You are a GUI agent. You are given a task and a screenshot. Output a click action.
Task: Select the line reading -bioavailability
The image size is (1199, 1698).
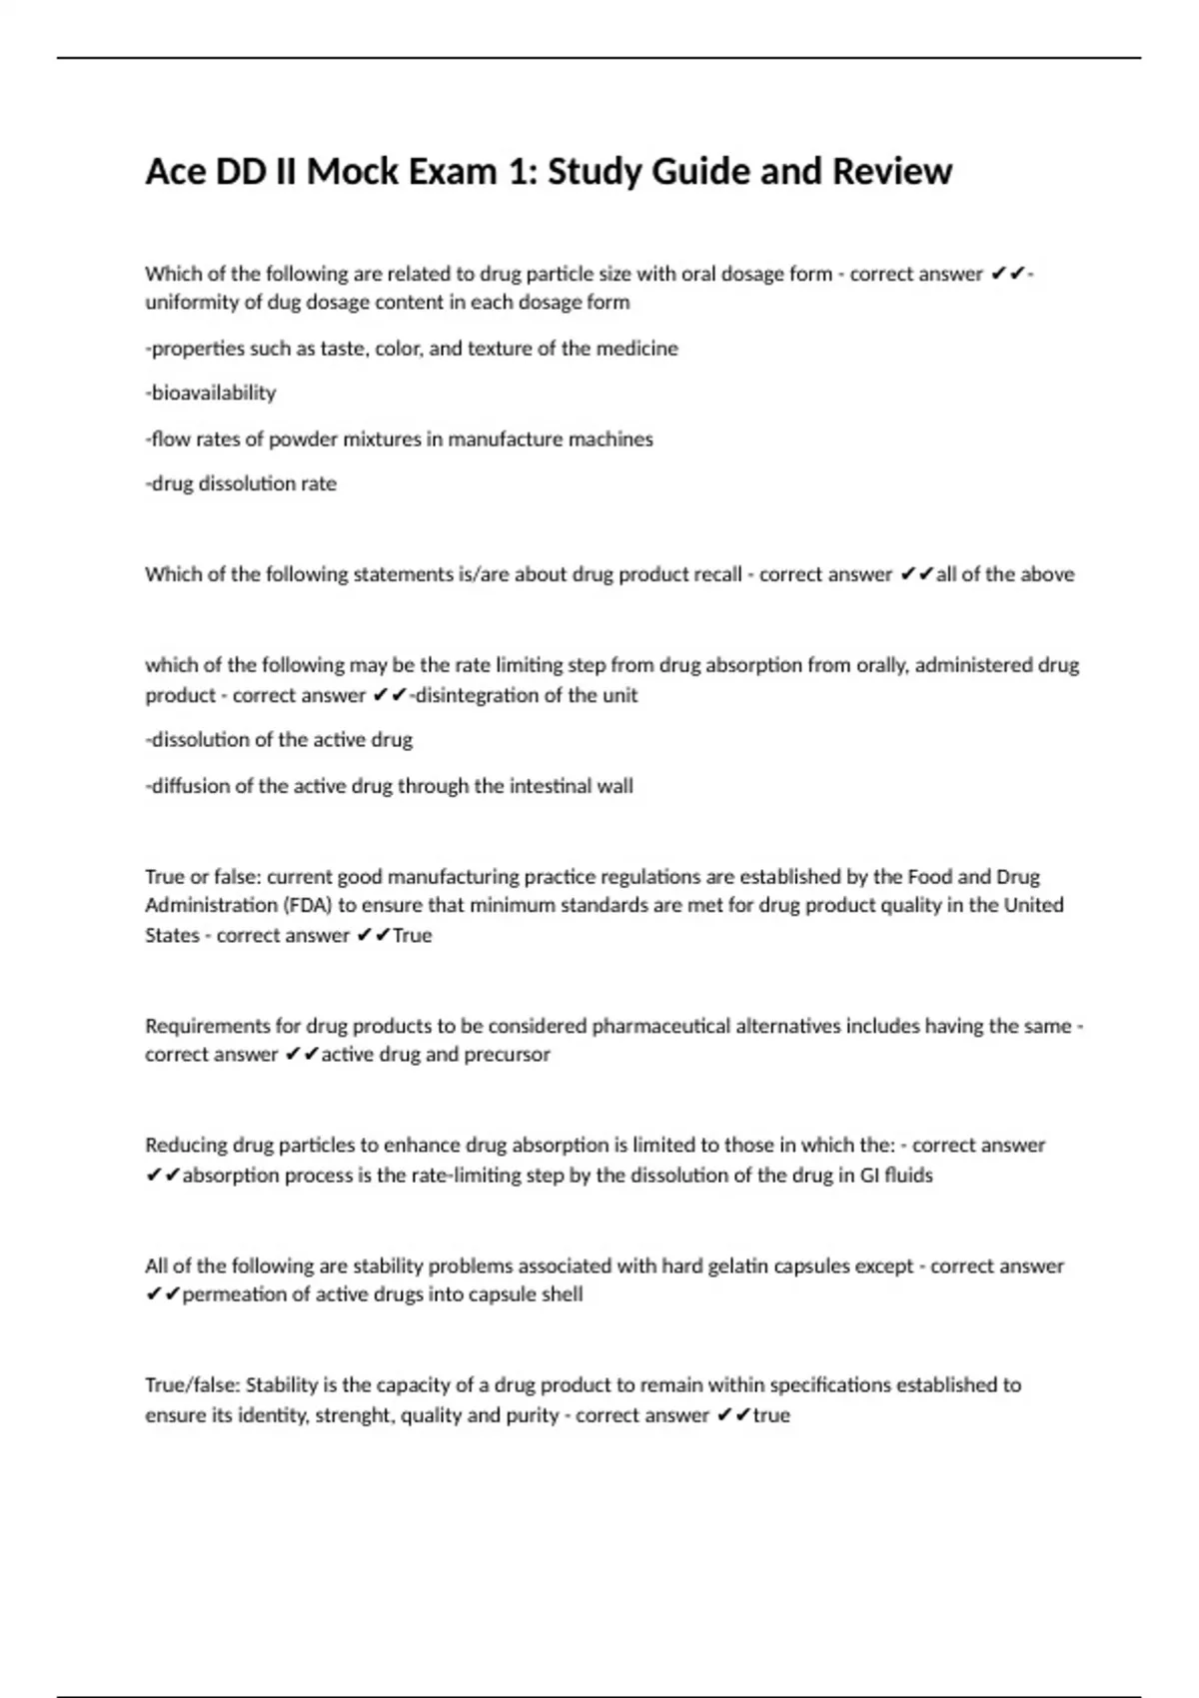point(211,393)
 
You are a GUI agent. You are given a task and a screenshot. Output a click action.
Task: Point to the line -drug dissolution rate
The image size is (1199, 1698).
point(241,483)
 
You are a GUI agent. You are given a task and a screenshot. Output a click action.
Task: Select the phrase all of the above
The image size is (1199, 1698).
point(1005,574)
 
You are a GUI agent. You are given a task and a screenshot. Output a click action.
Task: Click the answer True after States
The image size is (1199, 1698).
point(413,936)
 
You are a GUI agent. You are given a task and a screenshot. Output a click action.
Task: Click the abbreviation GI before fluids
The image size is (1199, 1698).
point(870,1176)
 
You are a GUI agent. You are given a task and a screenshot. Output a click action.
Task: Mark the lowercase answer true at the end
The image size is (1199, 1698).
point(771,1415)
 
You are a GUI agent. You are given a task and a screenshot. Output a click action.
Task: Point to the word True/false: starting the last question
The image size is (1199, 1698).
point(193,1385)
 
